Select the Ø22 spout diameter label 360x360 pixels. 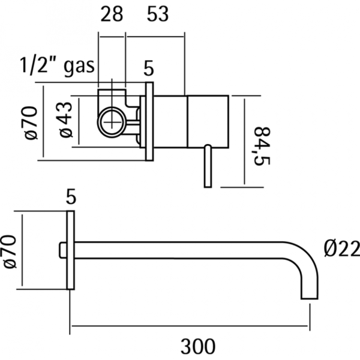[x=340, y=248]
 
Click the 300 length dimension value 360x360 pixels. [x=197, y=346]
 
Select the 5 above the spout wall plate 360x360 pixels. [x=71, y=196]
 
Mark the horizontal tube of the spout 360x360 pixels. [x=180, y=250]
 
